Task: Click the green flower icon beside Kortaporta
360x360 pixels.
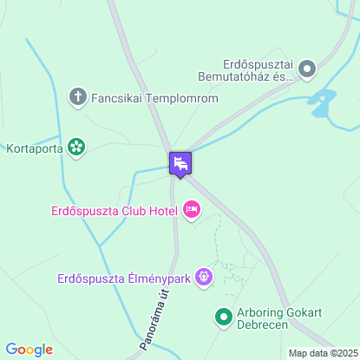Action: click(77, 147)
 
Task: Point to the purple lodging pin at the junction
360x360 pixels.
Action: click(180, 163)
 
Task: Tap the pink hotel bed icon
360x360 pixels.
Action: click(192, 209)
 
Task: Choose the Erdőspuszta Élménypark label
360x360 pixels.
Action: click(123, 278)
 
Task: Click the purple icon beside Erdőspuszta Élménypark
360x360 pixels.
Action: click(204, 278)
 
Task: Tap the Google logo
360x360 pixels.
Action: click(29, 350)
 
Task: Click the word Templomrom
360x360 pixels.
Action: click(181, 98)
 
